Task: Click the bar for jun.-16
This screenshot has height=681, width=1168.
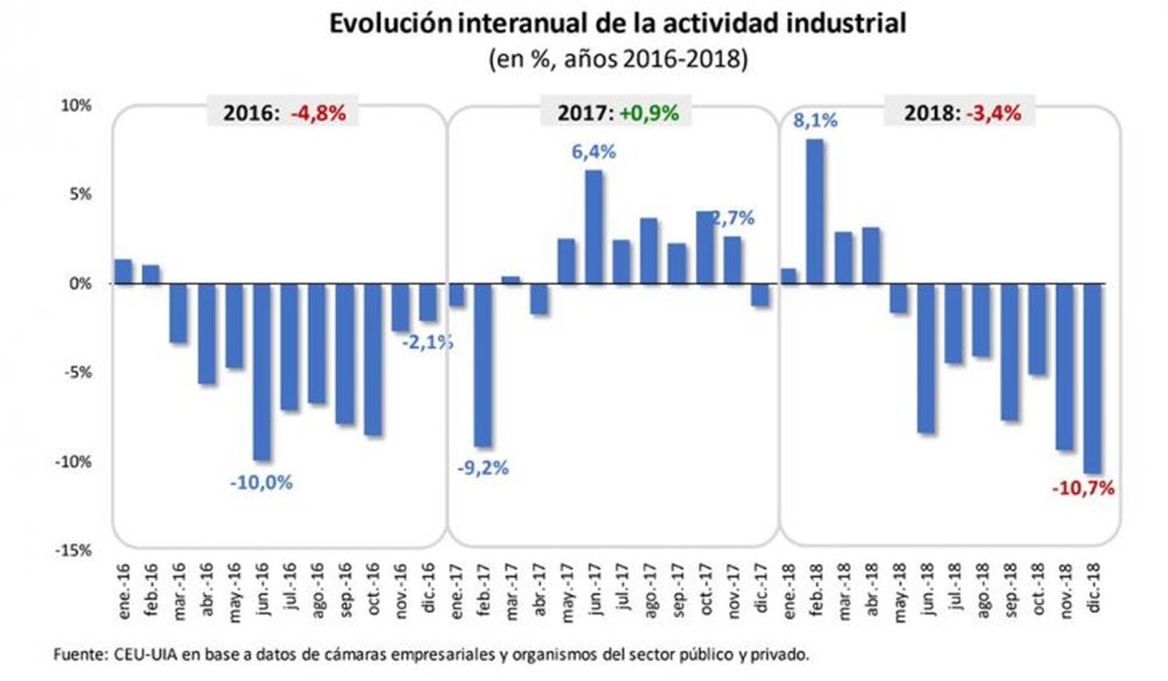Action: point(262,372)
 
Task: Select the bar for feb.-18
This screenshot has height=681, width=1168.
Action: point(815,212)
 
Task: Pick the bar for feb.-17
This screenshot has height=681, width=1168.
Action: point(483,365)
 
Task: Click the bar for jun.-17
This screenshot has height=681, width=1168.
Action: point(594,227)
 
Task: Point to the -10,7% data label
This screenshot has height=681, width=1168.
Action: point(1083,488)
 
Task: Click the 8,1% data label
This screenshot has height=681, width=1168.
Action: point(815,121)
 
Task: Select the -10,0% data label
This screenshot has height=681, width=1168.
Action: point(261,483)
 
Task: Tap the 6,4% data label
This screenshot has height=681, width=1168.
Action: point(594,152)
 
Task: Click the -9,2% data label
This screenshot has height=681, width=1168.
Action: point(483,468)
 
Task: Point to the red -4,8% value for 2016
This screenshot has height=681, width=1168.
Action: point(318,113)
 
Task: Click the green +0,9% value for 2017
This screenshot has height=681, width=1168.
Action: point(648,113)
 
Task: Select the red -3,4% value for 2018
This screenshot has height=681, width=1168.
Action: point(993,113)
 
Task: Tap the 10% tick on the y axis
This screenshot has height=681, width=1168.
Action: point(76,106)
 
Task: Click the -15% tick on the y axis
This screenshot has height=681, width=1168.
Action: point(73,551)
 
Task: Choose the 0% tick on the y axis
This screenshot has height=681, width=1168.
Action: point(80,284)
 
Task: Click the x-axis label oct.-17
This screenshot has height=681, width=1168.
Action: point(706,589)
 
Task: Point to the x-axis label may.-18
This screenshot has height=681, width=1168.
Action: point(899,593)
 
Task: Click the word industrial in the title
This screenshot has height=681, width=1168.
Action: point(846,24)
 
